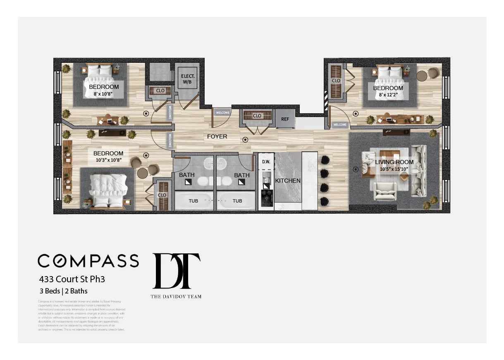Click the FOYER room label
point(217,136)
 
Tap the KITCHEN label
point(288,181)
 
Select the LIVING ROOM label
point(394,162)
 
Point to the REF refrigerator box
point(285,119)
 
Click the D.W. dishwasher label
point(266,162)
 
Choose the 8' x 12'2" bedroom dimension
point(388,95)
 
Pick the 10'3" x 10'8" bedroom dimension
point(108,160)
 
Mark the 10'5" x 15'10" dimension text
point(394,169)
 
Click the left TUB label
point(193,201)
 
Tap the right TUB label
point(237,201)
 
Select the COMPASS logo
point(88,260)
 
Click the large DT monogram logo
point(177,271)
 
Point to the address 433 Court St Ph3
point(72,279)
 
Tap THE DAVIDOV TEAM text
point(176,296)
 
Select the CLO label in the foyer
point(257,116)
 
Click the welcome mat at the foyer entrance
point(222,112)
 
